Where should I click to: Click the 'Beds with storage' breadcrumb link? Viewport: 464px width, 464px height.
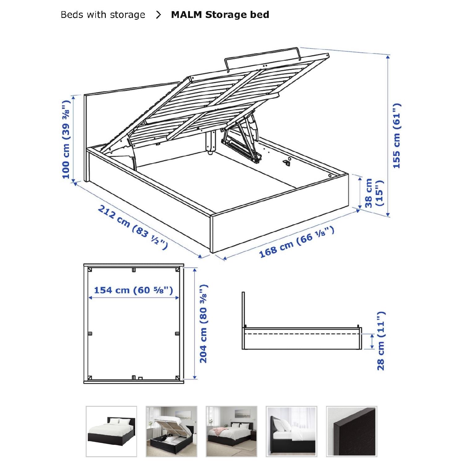pyautogui.click(x=103, y=15)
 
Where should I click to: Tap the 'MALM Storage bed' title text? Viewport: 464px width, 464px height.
pyautogui.click(x=220, y=15)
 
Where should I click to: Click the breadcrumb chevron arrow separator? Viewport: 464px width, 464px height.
pyautogui.click(x=158, y=15)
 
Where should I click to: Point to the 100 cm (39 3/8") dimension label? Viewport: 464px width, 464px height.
pyautogui.click(x=66, y=140)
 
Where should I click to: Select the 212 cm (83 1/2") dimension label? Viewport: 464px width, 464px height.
pyautogui.click(x=133, y=227)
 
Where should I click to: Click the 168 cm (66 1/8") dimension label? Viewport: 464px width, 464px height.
pyautogui.click(x=296, y=242)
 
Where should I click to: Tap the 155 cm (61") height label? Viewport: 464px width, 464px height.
pyautogui.click(x=396, y=136)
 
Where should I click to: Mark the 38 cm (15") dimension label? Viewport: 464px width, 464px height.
pyautogui.click(x=373, y=193)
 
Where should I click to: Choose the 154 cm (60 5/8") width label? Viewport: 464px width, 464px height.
pyautogui.click(x=133, y=290)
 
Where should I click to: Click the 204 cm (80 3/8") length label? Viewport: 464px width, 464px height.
pyautogui.click(x=204, y=324)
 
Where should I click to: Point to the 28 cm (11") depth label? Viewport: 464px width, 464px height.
pyautogui.click(x=381, y=341)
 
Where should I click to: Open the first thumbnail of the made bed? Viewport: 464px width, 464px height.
pyautogui.click(x=111, y=432)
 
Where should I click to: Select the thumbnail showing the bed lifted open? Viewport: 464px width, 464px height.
pyautogui.click(x=171, y=432)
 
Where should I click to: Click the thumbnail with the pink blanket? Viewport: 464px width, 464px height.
pyautogui.click(x=231, y=432)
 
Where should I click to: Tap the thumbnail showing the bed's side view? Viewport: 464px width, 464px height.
pyautogui.click(x=291, y=432)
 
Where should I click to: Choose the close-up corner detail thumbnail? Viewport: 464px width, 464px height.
pyautogui.click(x=352, y=432)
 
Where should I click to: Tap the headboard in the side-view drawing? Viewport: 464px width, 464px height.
pyautogui.click(x=243, y=309)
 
